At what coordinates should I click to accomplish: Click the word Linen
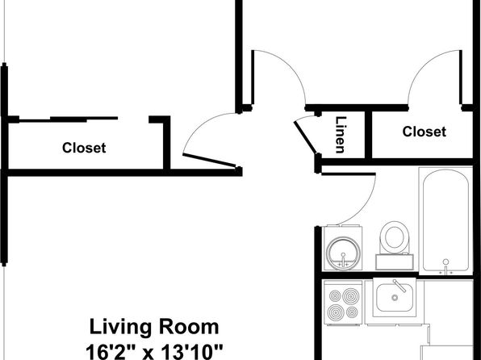pos(341,135)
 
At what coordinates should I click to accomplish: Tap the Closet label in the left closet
pos(84,148)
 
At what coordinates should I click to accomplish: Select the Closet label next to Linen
pos(425,132)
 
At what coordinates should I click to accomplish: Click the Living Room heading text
pos(154,327)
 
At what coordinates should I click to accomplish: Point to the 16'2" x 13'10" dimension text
pos(154,352)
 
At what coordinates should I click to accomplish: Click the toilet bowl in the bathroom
pos(395,237)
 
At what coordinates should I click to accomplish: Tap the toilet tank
pos(395,262)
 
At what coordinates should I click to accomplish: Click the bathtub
pos(445,221)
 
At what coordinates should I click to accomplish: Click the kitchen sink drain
pos(395,297)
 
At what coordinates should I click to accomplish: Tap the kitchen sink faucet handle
pos(399,286)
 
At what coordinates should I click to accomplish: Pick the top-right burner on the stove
pos(350,296)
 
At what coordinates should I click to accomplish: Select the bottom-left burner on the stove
pos(335,312)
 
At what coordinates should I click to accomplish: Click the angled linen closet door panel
pos(306,137)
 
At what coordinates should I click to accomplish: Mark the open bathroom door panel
pos(349,174)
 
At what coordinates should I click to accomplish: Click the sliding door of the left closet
pos(69,119)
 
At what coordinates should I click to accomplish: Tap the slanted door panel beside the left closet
pos(210,160)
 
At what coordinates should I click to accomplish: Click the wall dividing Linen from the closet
pos(369,135)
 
